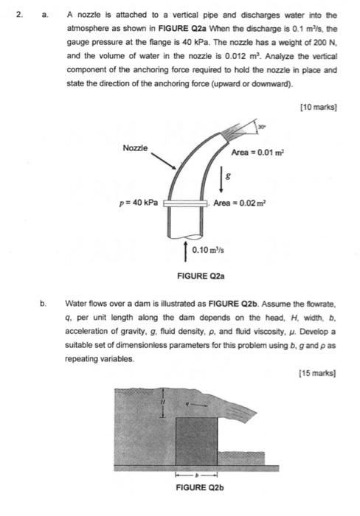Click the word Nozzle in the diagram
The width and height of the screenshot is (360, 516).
click(x=136, y=148)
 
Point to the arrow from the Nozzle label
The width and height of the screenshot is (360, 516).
click(x=165, y=163)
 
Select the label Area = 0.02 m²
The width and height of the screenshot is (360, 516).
click(x=240, y=203)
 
